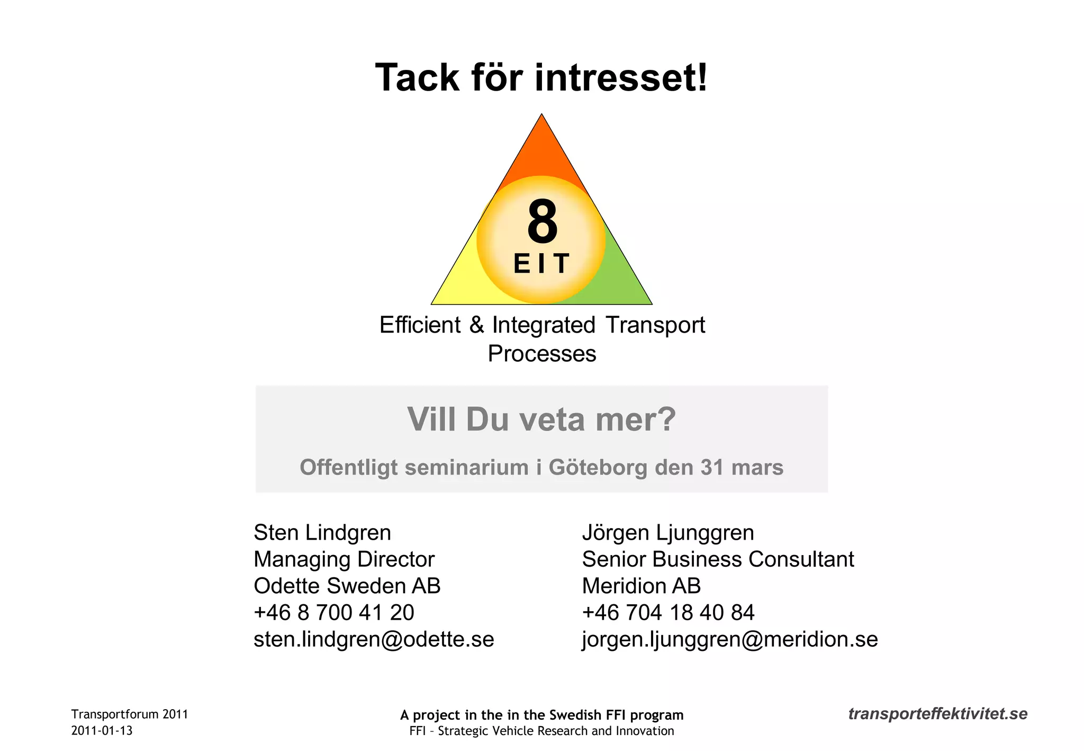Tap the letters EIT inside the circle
tap(541, 263)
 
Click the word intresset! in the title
tap(620, 78)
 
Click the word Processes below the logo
tap(542, 354)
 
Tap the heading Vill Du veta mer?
tap(541, 419)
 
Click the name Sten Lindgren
tap(322, 533)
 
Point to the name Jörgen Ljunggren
tap(668, 533)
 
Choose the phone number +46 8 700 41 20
tap(334, 613)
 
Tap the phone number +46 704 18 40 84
tap(668, 613)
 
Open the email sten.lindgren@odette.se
tap(374, 639)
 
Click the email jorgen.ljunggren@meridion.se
tap(730, 639)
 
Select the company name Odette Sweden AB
tap(347, 586)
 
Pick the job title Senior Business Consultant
tap(718, 559)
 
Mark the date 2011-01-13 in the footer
tap(102, 731)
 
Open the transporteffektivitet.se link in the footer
tap(938, 714)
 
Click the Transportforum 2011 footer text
tap(130, 714)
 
